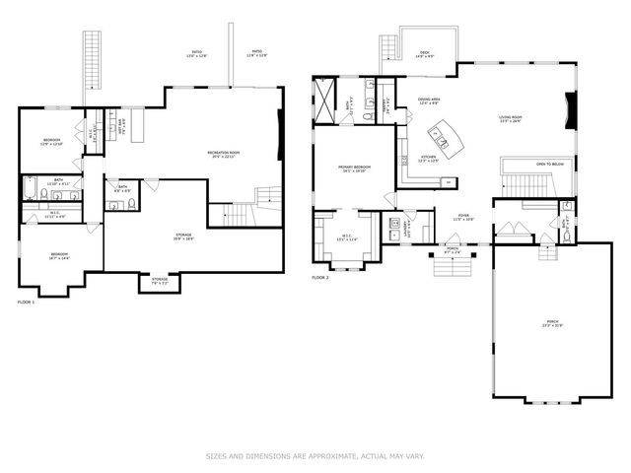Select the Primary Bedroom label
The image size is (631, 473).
352,169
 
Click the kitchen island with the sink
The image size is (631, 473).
440,139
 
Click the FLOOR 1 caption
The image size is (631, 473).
26,302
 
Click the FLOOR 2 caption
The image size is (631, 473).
319,278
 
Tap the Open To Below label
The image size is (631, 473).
550,164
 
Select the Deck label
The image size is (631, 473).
424,54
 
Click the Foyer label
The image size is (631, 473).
463,217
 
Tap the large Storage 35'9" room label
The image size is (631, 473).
183,236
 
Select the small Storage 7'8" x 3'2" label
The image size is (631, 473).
159,281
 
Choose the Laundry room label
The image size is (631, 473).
406,228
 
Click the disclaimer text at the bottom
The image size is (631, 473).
315,455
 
